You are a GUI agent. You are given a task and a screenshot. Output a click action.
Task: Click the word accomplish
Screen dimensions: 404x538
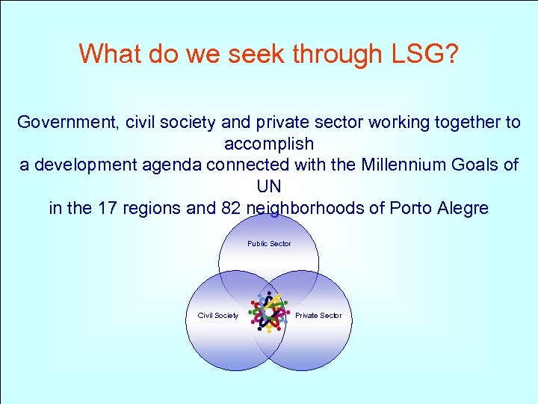pyautogui.click(x=269, y=143)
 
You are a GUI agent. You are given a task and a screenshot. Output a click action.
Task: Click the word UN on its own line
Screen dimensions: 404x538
pyautogui.click(x=269, y=186)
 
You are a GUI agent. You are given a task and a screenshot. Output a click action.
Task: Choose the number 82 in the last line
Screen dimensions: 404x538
pyautogui.click(x=231, y=207)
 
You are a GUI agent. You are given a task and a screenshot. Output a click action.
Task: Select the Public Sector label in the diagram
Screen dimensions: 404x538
pyautogui.click(x=269, y=244)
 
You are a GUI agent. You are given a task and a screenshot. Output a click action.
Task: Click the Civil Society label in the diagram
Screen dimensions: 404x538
pyautogui.click(x=217, y=316)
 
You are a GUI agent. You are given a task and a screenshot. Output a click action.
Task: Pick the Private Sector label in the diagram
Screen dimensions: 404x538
pyautogui.click(x=318, y=316)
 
